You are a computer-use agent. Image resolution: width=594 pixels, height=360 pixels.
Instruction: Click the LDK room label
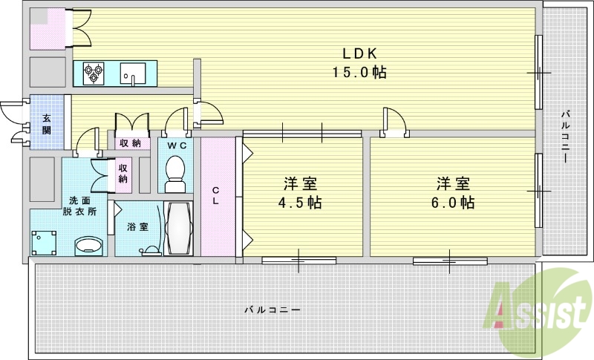[360, 53]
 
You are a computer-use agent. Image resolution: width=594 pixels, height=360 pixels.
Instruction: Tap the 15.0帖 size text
[360, 73]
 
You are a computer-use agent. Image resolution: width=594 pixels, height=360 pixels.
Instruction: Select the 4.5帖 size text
[301, 202]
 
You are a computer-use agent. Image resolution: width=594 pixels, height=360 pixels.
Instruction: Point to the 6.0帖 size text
[454, 202]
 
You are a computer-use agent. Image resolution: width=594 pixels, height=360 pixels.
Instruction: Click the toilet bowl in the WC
[175, 168]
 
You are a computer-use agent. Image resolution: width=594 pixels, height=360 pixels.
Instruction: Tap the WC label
[175, 143]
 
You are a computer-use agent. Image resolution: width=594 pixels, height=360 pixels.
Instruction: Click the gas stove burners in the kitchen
[94, 73]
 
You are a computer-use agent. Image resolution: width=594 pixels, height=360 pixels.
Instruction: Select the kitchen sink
[134, 73]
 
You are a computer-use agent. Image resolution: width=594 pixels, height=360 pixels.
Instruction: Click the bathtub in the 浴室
[177, 229]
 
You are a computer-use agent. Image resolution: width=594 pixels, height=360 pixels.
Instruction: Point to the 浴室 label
[137, 226]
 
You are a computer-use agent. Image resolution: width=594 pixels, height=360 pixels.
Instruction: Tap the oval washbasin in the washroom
[89, 246]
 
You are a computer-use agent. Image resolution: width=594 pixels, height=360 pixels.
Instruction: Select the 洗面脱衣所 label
[82, 206]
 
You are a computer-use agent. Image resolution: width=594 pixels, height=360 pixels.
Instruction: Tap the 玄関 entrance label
[47, 124]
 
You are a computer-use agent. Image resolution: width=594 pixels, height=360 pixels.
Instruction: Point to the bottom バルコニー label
[272, 310]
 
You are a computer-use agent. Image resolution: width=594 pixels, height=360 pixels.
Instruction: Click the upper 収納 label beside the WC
[131, 143]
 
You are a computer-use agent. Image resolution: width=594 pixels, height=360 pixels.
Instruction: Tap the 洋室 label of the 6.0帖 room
[454, 183]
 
